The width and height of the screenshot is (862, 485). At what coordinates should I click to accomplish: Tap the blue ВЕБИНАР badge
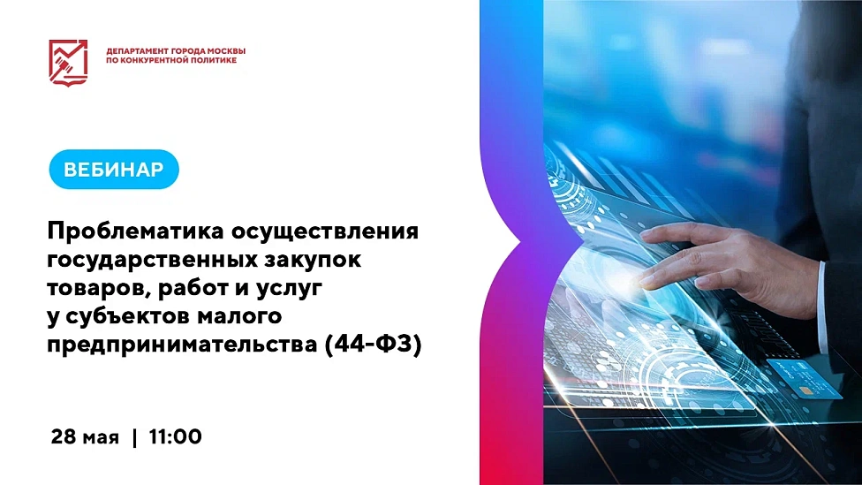tap(114, 170)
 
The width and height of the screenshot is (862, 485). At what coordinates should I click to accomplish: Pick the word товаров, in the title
tap(95, 289)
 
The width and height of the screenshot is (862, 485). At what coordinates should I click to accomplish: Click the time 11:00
tap(175, 436)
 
